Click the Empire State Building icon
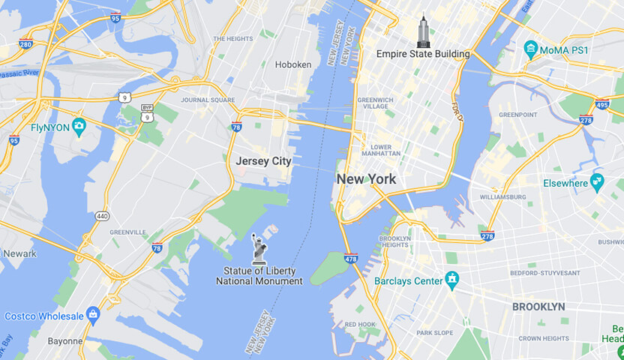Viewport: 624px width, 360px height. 424,31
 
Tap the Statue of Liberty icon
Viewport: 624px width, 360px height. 259,248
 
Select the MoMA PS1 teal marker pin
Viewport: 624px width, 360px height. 531,50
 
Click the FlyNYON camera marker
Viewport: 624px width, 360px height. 79,124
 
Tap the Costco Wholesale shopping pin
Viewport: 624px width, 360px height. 93,313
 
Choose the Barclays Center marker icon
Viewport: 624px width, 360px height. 451,281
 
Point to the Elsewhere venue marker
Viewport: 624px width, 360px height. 597,181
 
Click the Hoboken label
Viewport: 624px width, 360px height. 293,64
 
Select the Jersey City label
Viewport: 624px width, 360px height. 263,160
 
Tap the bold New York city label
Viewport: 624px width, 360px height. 366,179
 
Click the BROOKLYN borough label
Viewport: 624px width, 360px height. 538,307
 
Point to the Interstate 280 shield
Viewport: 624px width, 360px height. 25,43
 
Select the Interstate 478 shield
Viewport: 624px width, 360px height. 351,259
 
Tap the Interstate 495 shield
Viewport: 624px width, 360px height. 601,104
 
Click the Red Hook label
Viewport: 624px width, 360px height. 360,324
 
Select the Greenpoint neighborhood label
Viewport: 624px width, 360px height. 518,115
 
